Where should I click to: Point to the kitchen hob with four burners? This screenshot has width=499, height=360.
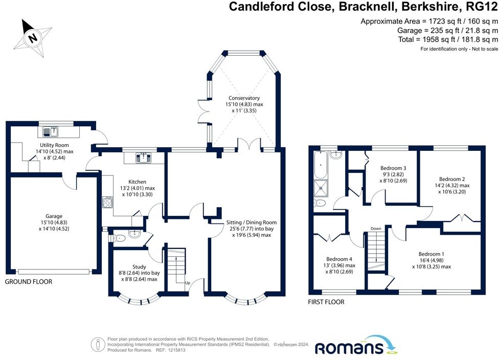tap(108, 203)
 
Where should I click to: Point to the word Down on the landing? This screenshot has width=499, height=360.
tap(376, 229)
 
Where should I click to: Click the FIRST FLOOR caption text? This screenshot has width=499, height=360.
tap(326, 302)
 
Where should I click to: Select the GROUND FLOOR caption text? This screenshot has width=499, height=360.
tap(29, 282)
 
